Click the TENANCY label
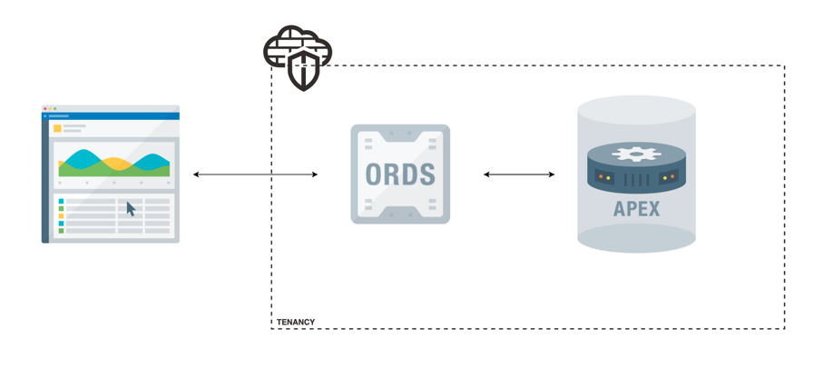coord(296,322)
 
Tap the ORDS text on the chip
coord(400,174)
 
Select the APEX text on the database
coord(636,208)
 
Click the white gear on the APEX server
coord(636,155)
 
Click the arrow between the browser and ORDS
coord(255,174)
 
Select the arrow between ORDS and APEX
coord(519,174)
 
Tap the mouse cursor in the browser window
coord(131,209)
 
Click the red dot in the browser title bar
coord(45,109)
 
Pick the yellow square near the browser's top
coord(57,128)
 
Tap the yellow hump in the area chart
coord(116,164)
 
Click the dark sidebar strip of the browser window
coord(44,182)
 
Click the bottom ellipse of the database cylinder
coord(636,238)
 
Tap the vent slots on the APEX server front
coord(637,179)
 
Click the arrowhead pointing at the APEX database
coord(550,174)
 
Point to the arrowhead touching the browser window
coord(197,174)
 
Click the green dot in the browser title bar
coord(55,109)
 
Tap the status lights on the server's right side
coord(668,177)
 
